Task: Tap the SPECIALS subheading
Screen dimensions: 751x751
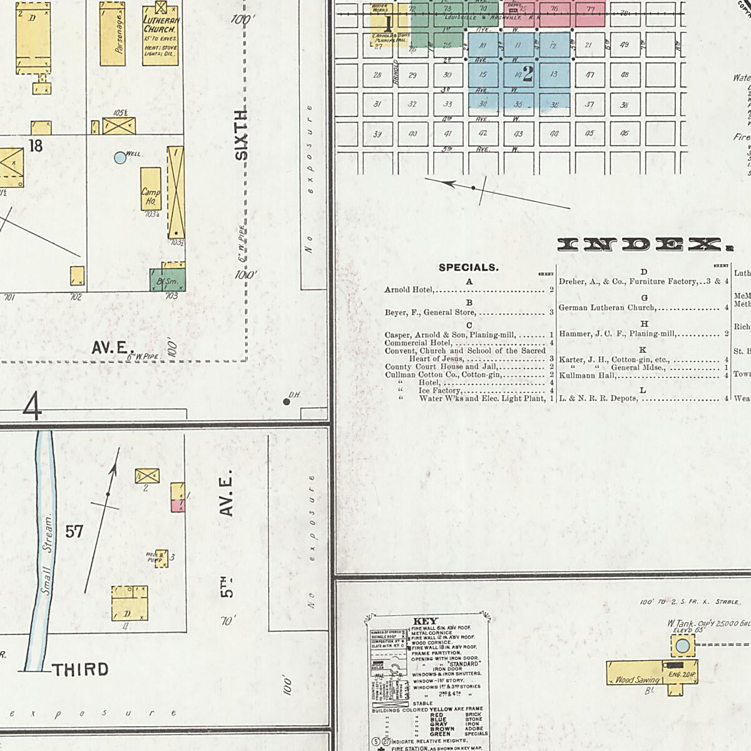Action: click(x=469, y=268)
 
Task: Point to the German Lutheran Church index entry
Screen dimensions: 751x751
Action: click(x=608, y=308)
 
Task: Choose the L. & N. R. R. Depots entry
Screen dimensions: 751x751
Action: click(x=598, y=398)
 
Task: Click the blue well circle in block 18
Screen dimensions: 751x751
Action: click(x=120, y=158)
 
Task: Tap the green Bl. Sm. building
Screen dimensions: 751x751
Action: click(x=168, y=280)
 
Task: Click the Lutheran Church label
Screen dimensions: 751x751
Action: click(x=161, y=25)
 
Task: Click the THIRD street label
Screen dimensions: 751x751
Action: click(x=81, y=670)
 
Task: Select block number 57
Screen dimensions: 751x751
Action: click(x=74, y=532)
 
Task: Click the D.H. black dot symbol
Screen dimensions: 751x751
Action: click(x=287, y=402)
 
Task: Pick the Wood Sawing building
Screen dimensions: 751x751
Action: click(x=636, y=679)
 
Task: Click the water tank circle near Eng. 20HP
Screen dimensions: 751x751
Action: click(x=683, y=645)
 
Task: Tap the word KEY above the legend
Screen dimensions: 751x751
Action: click(x=426, y=621)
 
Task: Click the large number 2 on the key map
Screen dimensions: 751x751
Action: click(x=528, y=75)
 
